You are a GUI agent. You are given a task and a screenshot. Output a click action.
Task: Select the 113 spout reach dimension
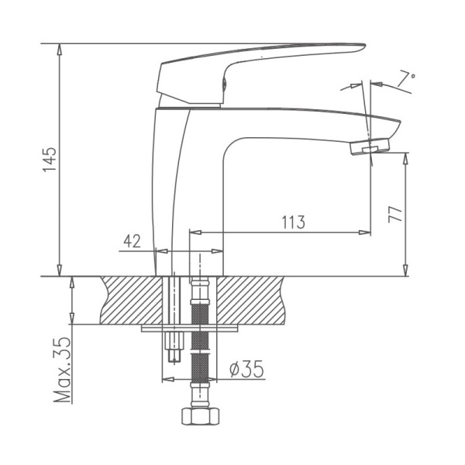(x=291, y=222)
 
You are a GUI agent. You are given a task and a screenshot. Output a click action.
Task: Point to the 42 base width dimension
(x=132, y=241)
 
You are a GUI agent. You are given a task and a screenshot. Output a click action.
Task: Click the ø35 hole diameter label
(x=247, y=370)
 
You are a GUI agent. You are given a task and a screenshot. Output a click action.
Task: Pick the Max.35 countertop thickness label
(x=64, y=370)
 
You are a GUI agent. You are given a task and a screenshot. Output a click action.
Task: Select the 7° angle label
(x=407, y=78)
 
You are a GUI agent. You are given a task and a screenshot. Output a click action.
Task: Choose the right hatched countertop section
(x=256, y=300)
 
